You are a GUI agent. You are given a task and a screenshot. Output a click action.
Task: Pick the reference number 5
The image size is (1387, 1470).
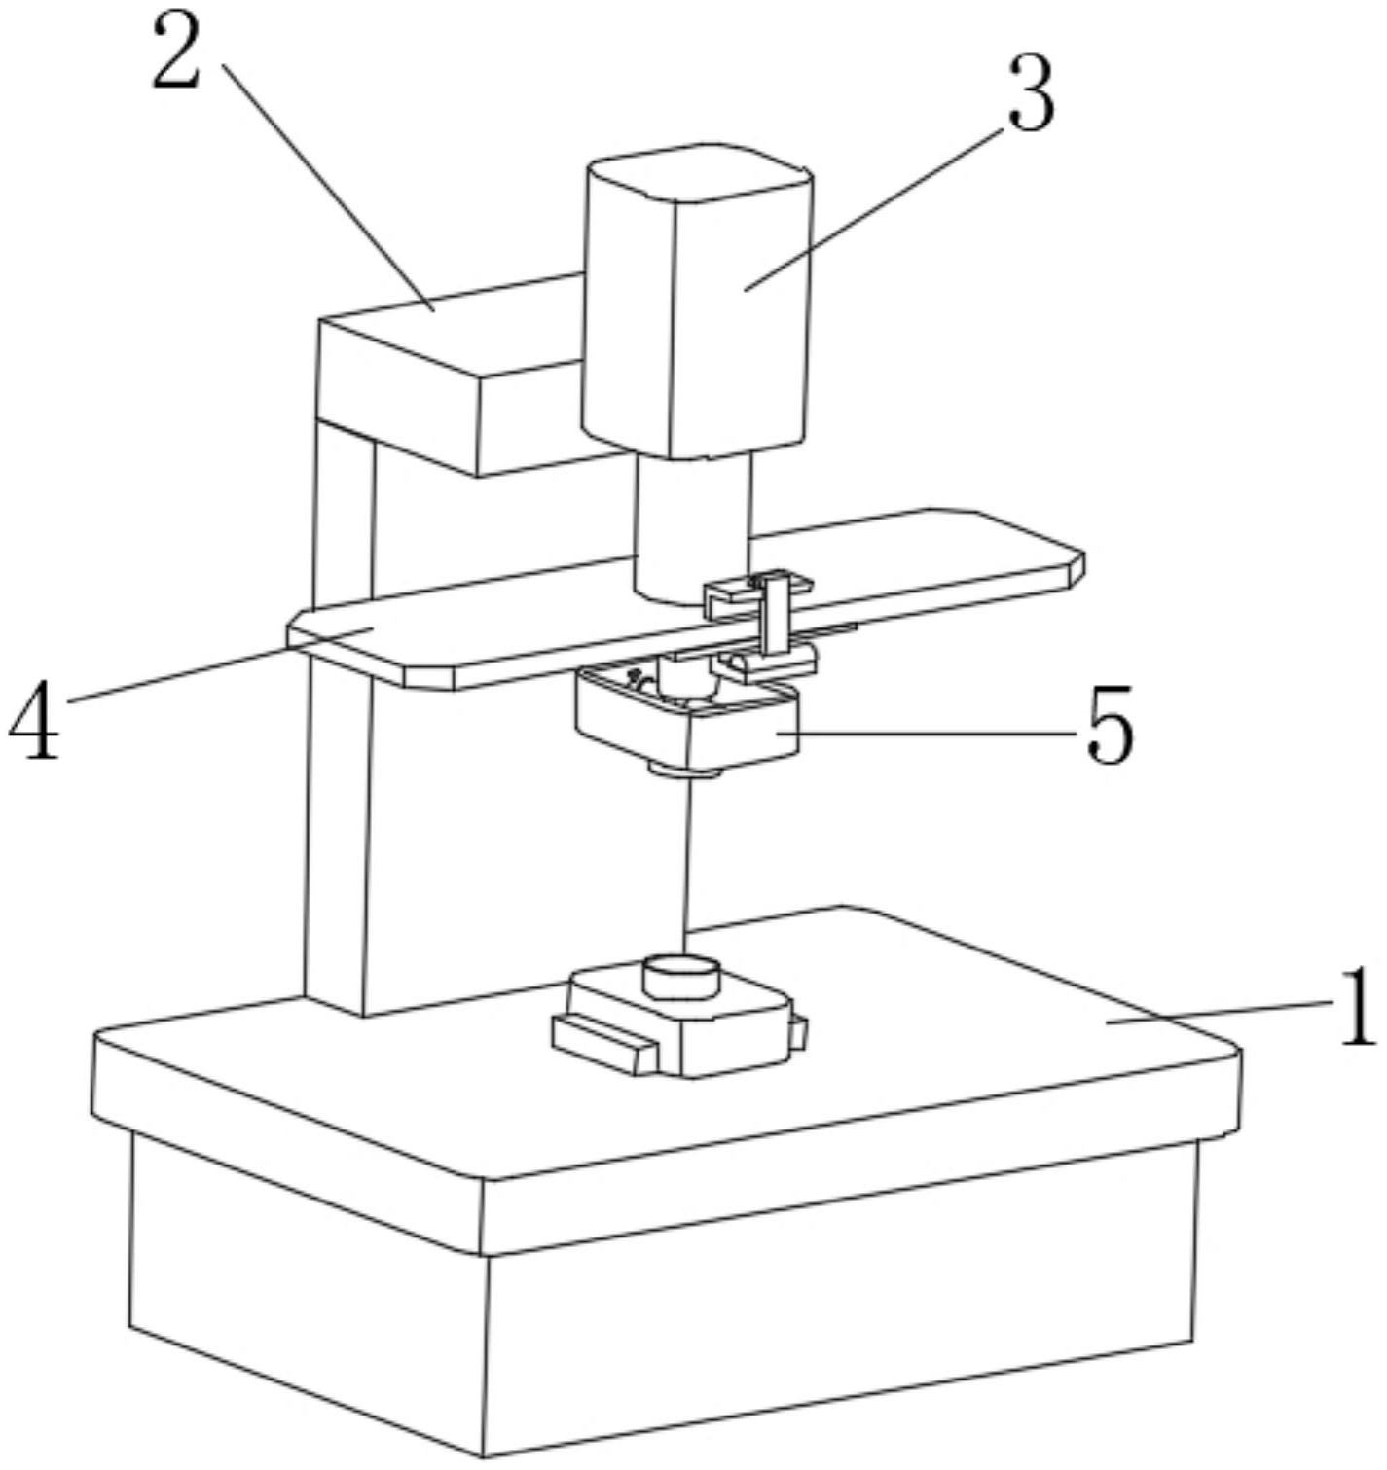[x=1110, y=726]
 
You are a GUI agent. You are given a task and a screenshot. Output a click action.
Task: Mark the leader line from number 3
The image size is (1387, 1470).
[x=875, y=206]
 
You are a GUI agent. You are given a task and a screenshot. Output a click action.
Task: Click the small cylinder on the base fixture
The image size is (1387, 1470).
[x=681, y=976]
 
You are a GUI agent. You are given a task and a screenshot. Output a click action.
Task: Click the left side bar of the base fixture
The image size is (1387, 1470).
[x=603, y=1043]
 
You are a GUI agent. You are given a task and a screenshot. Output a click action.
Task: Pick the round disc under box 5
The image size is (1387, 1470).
[x=685, y=772]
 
